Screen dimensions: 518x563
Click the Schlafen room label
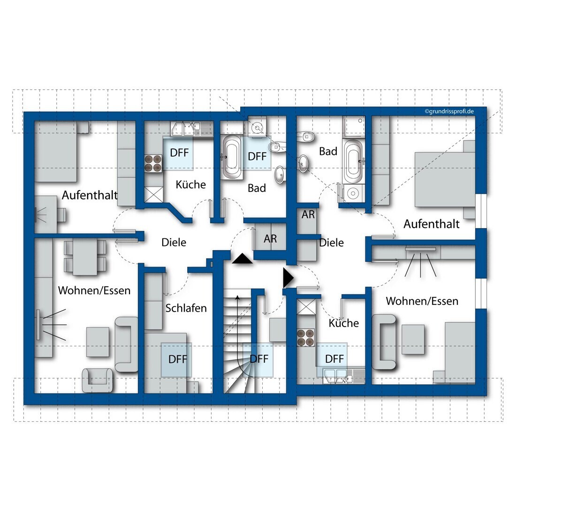(186, 308)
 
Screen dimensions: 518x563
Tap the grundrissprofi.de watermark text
(449, 112)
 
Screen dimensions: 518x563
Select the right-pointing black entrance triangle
(287, 278)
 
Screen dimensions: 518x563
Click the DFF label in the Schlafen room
(178, 359)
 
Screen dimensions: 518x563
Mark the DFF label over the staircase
(259, 359)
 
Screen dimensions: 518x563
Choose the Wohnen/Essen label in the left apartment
(94, 290)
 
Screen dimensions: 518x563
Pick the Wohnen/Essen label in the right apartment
(422, 301)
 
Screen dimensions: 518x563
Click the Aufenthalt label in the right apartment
(431, 224)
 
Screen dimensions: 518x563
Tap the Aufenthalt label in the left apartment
(90, 195)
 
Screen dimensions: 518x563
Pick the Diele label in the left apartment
(174, 243)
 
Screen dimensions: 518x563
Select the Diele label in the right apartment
(331, 243)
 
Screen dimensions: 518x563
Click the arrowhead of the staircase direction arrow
(237, 297)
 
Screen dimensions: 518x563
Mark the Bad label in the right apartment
(328, 151)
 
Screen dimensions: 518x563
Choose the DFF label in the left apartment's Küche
(179, 152)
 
